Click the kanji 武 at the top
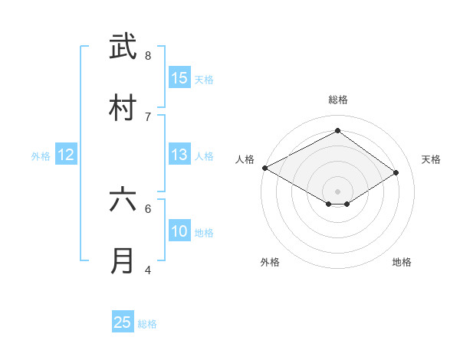pyautogui.click(x=123, y=47)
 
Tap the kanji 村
pyautogui.click(x=123, y=108)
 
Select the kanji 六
pyautogui.click(x=123, y=200)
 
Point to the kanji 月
pyautogui.click(x=123, y=261)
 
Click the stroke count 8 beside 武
pyautogui.click(x=148, y=55)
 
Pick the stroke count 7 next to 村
pyautogui.click(x=148, y=116)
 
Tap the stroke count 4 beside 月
pyautogui.click(x=148, y=270)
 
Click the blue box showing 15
pyautogui.click(x=179, y=78)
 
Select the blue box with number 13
pyautogui.click(x=179, y=155)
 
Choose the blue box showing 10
pyautogui.click(x=179, y=231)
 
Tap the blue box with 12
pyautogui.click(x=67, y=155)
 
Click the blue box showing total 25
pyautogui.click(x=123, y=322)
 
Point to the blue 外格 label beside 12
pyautogui.click(x=41, y=156)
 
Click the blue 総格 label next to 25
pyautogui.click(x=147, y=324)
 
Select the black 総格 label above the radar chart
pyautogui.click(x=337, y=100)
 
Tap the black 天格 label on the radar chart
pyautogui.click(x=432, y=159)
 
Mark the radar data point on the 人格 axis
pyautogui.click(x=264, y=168)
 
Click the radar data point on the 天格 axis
pyautogui.click(x=396, y=173)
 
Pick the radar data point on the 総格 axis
pyautogui.click(x=337, y=131)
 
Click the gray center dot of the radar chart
pyautogui.click(x=337, y=191)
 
